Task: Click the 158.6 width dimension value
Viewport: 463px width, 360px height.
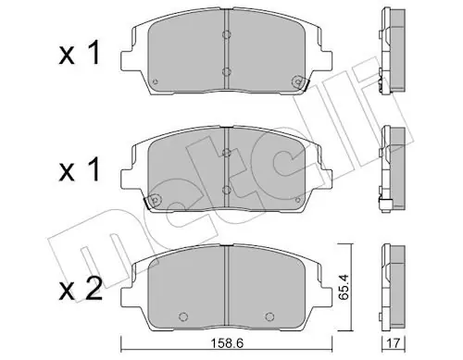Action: coord(227,342)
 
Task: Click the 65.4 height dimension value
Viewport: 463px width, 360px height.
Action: coord(343,287)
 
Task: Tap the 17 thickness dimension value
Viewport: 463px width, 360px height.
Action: coord(394,342)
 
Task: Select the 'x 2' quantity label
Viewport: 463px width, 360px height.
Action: coord(81,289)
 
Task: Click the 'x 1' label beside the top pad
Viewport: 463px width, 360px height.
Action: coord(80,53)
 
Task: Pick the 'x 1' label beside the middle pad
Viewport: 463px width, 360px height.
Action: coord(80,169)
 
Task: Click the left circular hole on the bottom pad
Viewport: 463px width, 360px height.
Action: coord(183,317)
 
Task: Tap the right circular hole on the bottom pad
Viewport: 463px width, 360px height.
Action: coord(269,317)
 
